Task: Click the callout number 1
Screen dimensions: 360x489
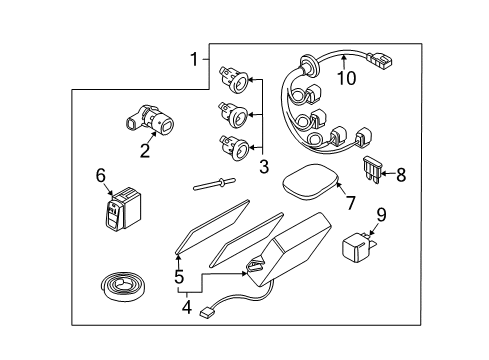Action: point(194,60)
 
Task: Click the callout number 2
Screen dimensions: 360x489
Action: point(145,151)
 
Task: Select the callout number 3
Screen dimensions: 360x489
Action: point(263,166)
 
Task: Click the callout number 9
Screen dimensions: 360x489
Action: point(380,213)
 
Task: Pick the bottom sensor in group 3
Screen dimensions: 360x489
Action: point(231,149)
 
